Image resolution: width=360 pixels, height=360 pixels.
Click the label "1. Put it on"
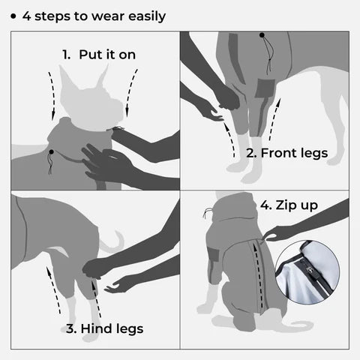coord(98,55)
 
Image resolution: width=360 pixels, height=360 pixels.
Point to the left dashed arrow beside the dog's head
coord(52,94)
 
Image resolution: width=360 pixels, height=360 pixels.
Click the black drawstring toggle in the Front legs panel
coord(262,35)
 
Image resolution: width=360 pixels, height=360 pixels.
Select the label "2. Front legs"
coord(287,153)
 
